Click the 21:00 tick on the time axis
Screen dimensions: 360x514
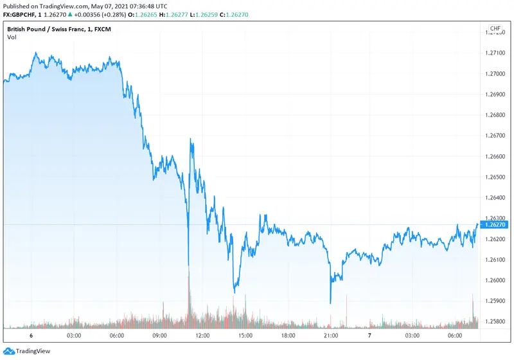click(x=330, y=336)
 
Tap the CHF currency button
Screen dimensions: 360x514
click(x=495, y=29)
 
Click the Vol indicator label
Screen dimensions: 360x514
click(x=12, y=37)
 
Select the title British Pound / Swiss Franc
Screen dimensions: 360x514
click(x=46, y=29)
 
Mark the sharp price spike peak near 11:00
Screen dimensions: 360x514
click(x=191, y=139)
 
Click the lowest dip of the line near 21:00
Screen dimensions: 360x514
click(x=330, y=303)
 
